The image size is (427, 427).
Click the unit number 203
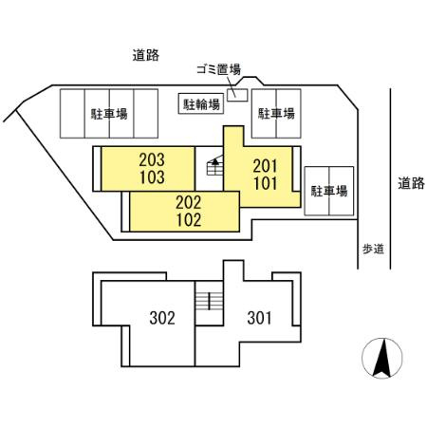tap(152, 160)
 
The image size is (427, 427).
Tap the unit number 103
tap(152, 177)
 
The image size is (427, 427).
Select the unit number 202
tap(189, 203)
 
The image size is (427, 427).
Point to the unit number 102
tap(189, 220)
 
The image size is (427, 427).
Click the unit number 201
tap(265, 166)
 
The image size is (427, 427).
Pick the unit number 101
tap(266, 183)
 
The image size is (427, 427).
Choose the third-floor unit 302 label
tap(162, 318)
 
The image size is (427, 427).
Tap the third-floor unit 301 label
tap(259, 318)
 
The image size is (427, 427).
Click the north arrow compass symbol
tap(382, 358)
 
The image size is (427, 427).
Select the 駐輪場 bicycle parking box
tap(201, 103)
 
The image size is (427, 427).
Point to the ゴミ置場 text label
tap(218, 69)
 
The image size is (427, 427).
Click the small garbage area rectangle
tap(237, 95)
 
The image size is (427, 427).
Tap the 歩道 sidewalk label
tap(373, 250)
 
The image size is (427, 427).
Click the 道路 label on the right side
tap(411, 183)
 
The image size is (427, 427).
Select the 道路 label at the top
tap(145, 55)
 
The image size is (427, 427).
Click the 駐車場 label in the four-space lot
tap(109, 114)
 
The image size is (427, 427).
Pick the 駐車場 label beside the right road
tap(329, 191)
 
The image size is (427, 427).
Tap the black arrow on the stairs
tap(215, 161)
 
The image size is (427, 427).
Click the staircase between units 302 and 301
tap(209, 302)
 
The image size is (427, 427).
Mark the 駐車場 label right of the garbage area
tap(276, 113)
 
